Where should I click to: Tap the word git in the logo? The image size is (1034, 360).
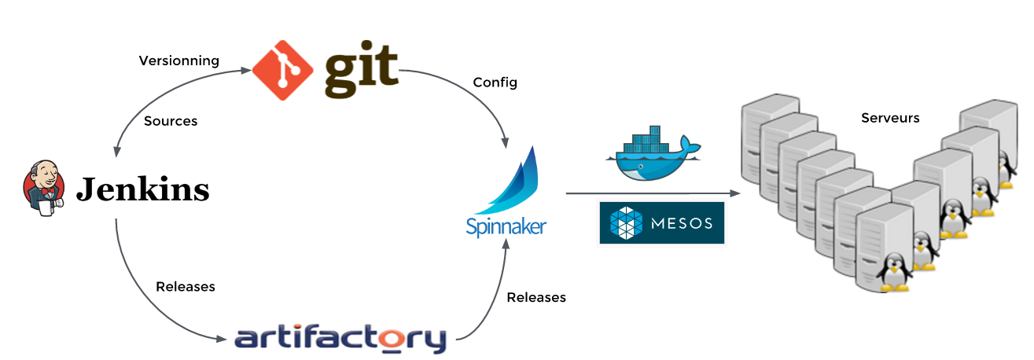point(361,72)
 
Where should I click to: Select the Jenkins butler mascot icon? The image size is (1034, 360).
point(44,189)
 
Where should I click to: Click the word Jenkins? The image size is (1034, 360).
point(142,189)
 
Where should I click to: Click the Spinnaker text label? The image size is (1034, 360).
point(506,227)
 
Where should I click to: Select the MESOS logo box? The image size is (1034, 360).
point(661,223)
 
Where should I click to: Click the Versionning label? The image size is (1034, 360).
point(178,61)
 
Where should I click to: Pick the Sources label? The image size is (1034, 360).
point(171,121)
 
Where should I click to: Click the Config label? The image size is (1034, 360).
point(495,82)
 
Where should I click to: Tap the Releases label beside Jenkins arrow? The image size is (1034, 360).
point(186,286)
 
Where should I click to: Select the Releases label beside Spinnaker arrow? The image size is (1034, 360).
point(536,297)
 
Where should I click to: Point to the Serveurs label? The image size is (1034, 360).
point(890,118)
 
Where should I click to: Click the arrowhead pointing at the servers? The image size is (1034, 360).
point(735,193)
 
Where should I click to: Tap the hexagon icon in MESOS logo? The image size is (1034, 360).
point(626,223)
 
